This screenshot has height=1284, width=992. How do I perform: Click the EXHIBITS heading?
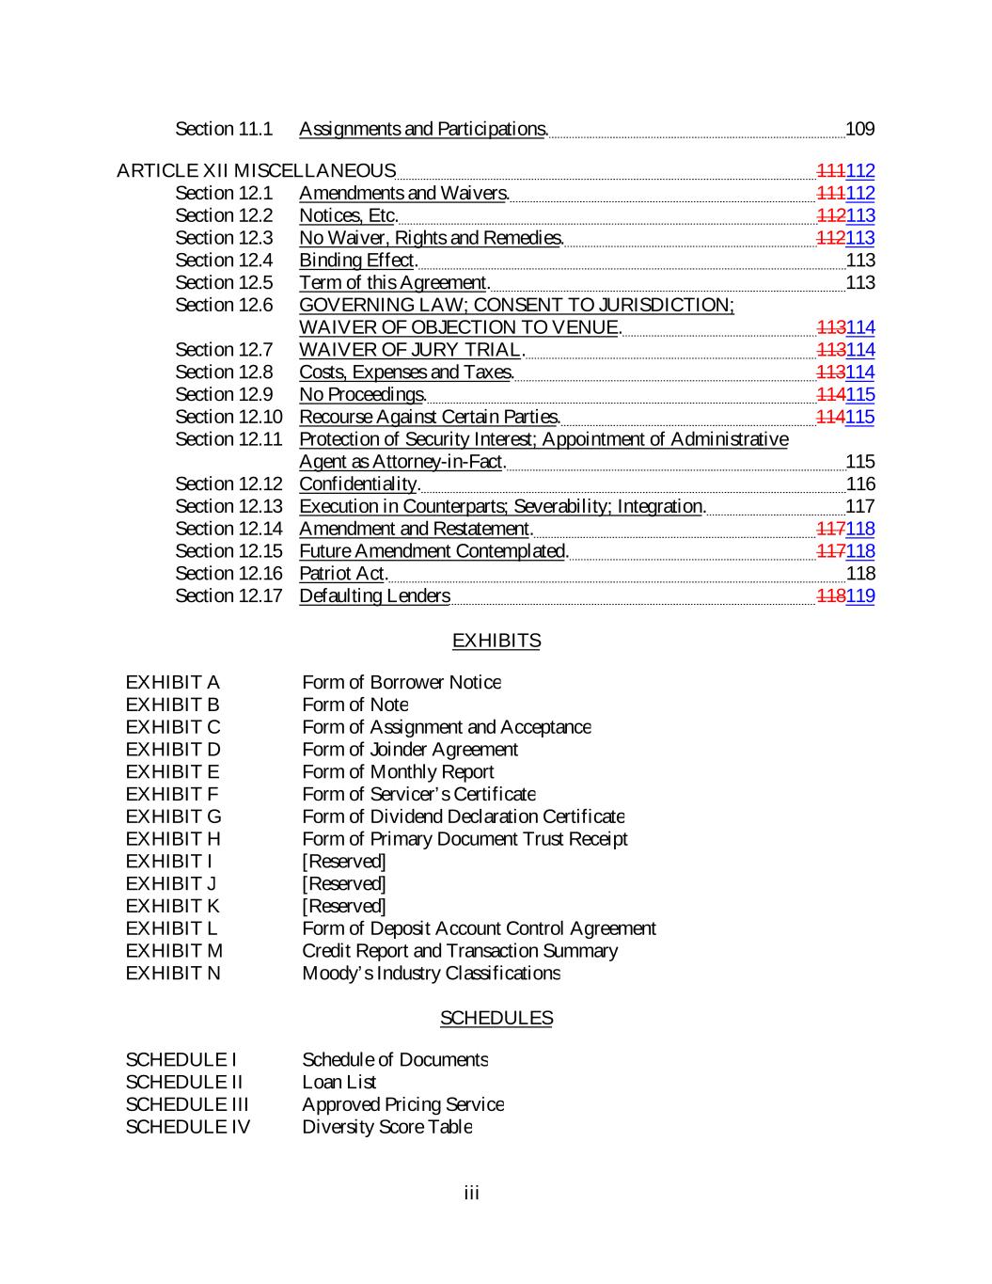pyautogui.click(x=496, y=641)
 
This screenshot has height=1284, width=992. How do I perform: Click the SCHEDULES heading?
pyautogui.click(x=496, y=1018)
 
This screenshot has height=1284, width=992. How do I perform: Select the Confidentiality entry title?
pyautogui.click(x=358, y=484)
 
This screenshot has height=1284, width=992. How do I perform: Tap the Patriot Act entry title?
pyautogui.click(x=342, y=574)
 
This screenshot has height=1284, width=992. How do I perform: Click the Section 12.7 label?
pyautogui.click(x=224, y=350)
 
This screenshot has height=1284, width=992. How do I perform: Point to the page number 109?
pyautogui.click(x=860, y=129)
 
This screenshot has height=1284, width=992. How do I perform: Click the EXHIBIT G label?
pyautogui.click(x=174, y=816)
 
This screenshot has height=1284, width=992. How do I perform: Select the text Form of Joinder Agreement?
pyautogui.click(x=410, y=750)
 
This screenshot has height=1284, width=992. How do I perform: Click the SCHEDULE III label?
pyautogui.click(x=187, y=1104)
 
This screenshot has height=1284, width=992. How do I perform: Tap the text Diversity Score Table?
pyautogui.click(x=386, y=1127)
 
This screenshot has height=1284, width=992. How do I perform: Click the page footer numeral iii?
pyautogui.click(x=472, y=1194)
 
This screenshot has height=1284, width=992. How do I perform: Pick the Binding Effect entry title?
pyautogui.click(x=356, y=261)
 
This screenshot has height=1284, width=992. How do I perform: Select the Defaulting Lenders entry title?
pyautogui.click(x=374, y=596)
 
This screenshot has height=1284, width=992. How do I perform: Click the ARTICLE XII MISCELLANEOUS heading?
pyautogui.click(x=256, y=171)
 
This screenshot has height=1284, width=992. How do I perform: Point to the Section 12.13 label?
pyautogui.click(x=228, y=507)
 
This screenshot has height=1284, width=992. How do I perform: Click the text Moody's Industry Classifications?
pyautogui.click(x=431, y=974)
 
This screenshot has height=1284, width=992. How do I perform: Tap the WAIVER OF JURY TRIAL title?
pyautogui.click(x=409, y=350)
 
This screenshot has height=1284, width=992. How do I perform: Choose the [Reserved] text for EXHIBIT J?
pyautogui.click(x=344, y=884)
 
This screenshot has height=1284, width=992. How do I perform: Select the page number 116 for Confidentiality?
pyautogui.click(x=860, y=484)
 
